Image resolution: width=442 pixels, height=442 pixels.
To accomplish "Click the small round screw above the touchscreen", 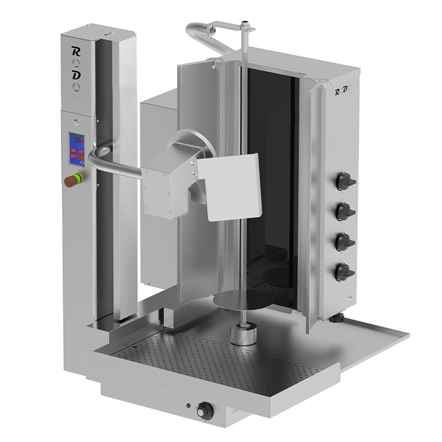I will [x=78, y=121].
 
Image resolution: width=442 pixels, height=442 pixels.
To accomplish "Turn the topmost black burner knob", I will [x=345, y=181].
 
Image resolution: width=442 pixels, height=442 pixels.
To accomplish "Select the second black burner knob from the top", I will [x=345, y=211].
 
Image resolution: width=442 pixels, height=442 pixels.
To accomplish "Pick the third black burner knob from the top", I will [x=345, y=241].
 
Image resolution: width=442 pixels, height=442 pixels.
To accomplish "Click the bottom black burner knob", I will [x=345, y=271].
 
